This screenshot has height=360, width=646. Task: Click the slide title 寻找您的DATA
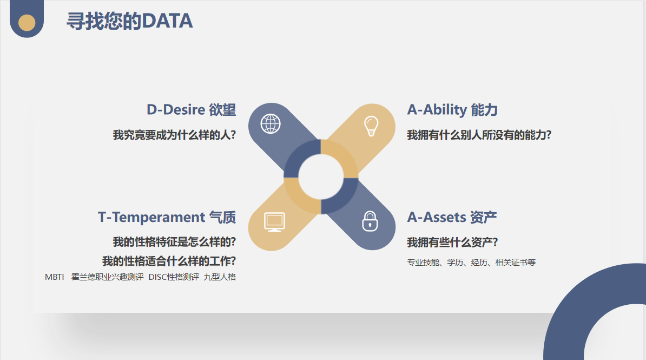click(x=129, y=21)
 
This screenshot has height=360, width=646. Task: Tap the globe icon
click(x=271, y=124)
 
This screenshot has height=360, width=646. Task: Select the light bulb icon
click(x=371, y=126)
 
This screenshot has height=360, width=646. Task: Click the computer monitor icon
click(x=274, y=222)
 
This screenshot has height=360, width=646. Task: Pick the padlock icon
click(x=370, y=221)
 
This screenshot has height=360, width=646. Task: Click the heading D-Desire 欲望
click(x=191, y=110)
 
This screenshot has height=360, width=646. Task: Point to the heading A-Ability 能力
click(x=452, y=110)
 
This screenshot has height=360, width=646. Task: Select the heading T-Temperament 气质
click(x=167, y=217)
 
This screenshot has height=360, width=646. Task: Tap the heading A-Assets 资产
click(x=452, y=217)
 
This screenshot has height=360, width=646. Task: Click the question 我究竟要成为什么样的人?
click(x=174, y=135)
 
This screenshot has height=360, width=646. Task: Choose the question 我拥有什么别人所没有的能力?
click(x=479, y=135)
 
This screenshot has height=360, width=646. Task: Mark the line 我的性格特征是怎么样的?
click(x=174, y=241)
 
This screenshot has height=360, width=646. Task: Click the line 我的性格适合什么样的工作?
click(x=169, y=261)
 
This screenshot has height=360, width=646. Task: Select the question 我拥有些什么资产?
click(x=452, y=242)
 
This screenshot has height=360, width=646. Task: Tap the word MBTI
click(x=55, y=277)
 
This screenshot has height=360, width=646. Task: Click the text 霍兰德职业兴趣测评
click(x=107, y=277)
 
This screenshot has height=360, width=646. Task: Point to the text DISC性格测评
click(x=174, y=277)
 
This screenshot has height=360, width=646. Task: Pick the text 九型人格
click(x=220, y=277)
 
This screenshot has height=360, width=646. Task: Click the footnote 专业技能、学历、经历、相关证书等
click(x=471, y=262)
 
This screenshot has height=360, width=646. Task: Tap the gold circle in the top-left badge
click(x=27, y=23)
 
